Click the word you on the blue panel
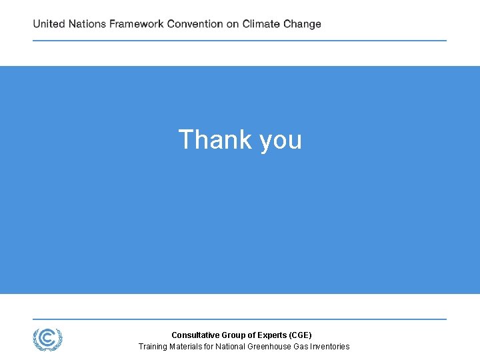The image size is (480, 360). [281, 141]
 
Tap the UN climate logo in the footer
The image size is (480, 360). [48, 339]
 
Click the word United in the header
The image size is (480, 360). [49, 24]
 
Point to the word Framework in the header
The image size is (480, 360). [137, 24]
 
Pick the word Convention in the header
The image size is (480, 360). [195, 24]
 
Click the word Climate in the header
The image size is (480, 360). [261, 24]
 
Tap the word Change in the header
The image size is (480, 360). [302, 24]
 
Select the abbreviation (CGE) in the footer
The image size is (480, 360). [299, 335]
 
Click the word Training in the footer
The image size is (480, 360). [153, 347]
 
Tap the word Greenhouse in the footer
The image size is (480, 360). [269, 347]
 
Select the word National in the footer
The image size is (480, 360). [231, 347]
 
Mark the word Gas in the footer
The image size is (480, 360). [301, 347]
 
